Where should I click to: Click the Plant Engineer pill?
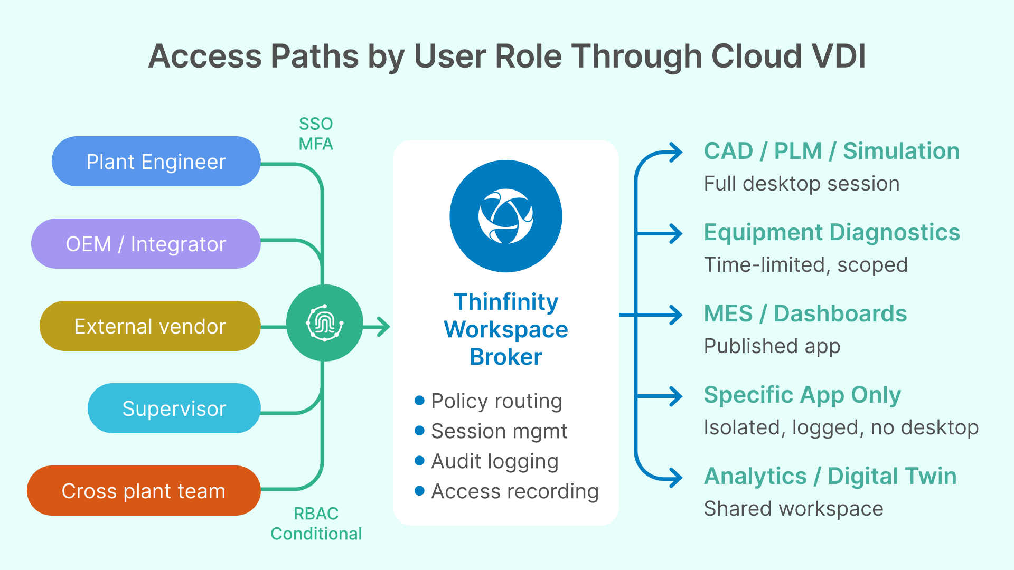pyautogui.click(x=156, y=161)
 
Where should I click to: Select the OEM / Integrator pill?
pyautogui.click(x=146, y=244)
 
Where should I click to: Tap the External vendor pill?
pyautogui.click(x=150, y=326)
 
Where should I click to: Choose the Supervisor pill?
pyautogui.click(x=174, y=408)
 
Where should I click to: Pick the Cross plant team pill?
pyautogui.click(x=144, y=491)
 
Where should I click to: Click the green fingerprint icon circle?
pyautogui.click(x=324, y=323)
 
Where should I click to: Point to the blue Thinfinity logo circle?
pyautogui.click(x=505, y=216)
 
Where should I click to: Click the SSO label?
pyautogui.click(x=316, y=124)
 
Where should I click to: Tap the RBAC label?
pyautogui.click(x=316, y=514)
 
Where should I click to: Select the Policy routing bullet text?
pyautogui.click(x=496, y=401)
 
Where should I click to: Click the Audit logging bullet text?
pyautogui.click(x=495, y=461)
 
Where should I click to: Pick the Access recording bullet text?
pyautogui.click(x=515, y=491)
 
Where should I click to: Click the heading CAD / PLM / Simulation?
pyautogui.click(x=832, y=151)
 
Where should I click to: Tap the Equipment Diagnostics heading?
pyautogui.click(x=832, y=232)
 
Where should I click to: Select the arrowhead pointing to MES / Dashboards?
pyautogui.click(x=677, y=315)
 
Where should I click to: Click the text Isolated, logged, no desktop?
pyautogui.click(x=841, y=427)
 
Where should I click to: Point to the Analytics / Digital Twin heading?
pyautogui.click(x=830, y=476)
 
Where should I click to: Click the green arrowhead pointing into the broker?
pyautogui.click(x=384, y=327)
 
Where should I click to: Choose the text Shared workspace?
pyautogui.click(x=793, y=509)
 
